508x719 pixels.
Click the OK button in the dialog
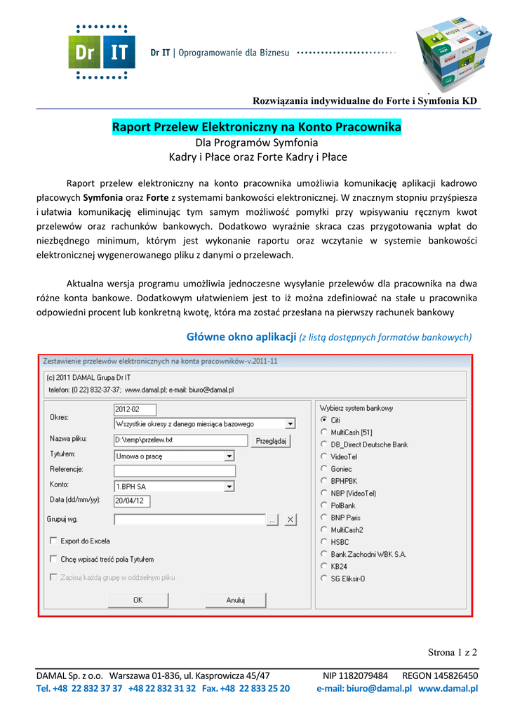[138, 600]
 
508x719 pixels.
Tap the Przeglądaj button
[271, 441]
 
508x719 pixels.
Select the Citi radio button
[323, 420]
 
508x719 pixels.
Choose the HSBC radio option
[323, 542]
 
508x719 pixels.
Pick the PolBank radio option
[323, 506]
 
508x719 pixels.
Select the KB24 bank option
[323, 566]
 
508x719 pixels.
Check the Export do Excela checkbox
[54, 541]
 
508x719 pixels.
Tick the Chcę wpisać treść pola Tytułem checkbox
[54, 559]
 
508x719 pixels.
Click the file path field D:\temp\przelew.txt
[180, 441]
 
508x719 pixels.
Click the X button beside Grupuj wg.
[290, 520]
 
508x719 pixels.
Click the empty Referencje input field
[174, 470]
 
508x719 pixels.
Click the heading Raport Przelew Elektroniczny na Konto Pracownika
[257, 128]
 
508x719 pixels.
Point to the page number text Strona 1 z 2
[453, 652]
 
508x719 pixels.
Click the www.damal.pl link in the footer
[448, 689]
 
